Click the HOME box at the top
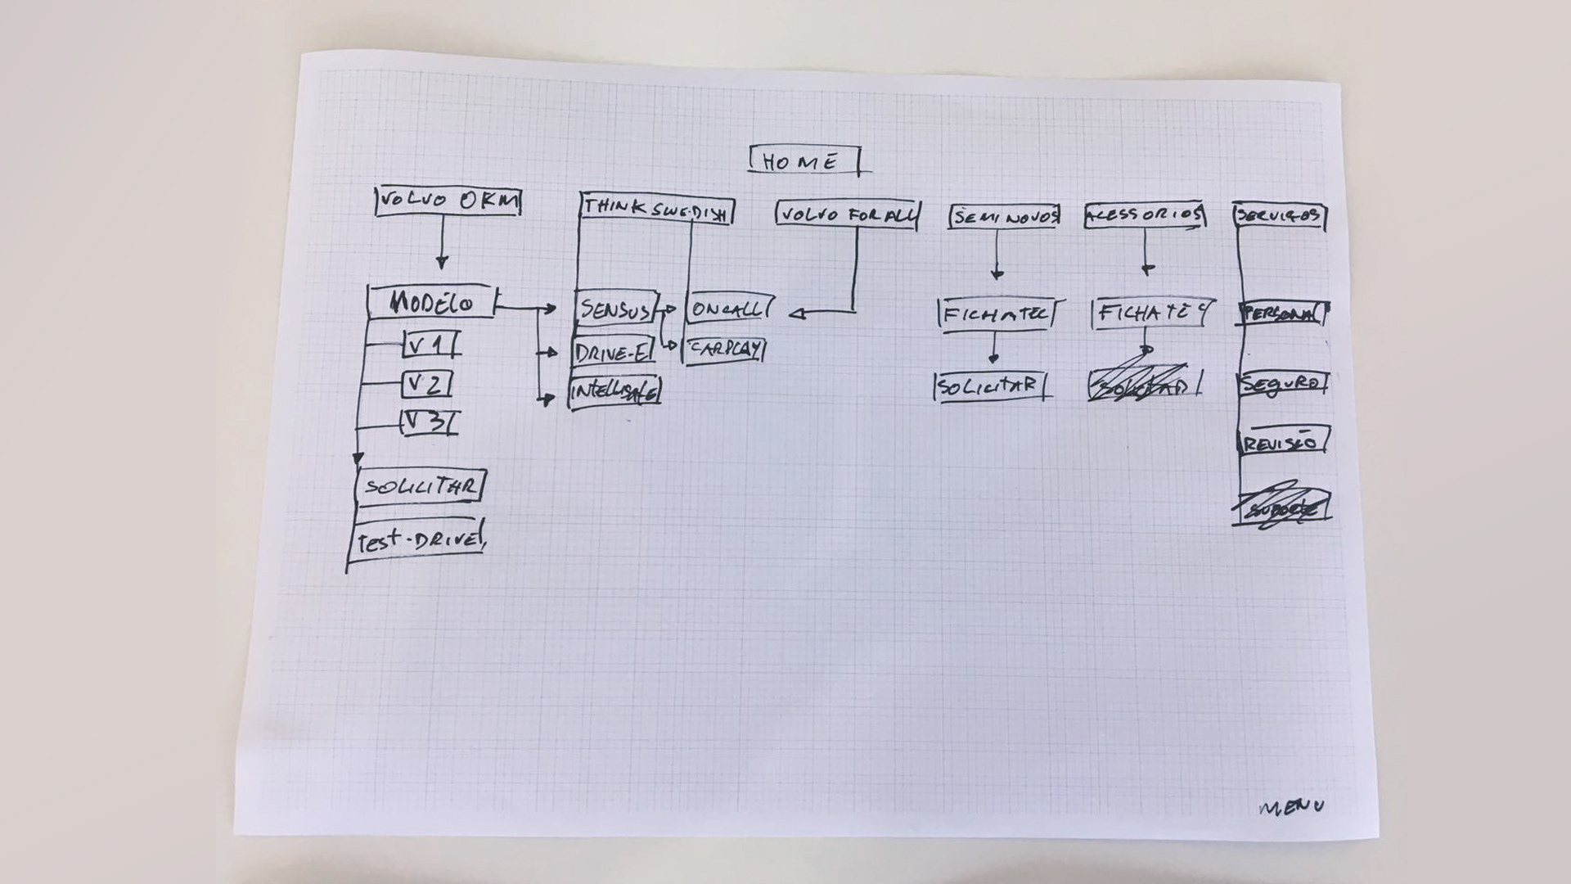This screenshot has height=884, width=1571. click(804, 161)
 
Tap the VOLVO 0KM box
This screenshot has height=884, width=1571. click(448, 201)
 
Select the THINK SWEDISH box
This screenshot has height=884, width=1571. click(656, 209)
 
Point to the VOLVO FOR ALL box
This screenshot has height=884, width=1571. click(847, 215)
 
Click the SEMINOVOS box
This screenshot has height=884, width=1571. click(1005, 217)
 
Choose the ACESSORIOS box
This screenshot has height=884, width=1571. click(1144, 215)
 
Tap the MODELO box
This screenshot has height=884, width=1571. click(432, 303)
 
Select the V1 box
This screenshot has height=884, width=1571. click(429, 345)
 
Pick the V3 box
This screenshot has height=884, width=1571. click(428, 422)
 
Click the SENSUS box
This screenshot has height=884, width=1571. click(616, 309)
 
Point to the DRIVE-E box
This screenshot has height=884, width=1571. click(614, 352)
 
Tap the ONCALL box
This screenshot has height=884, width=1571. click(729, 309)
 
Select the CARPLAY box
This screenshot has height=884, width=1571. click(725, 350)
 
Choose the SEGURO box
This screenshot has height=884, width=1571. click(1282, 384)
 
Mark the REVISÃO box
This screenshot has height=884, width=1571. click(1283, 443)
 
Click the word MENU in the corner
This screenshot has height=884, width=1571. click(1291, 808)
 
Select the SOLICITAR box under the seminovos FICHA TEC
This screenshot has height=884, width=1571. click(990, 386)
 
